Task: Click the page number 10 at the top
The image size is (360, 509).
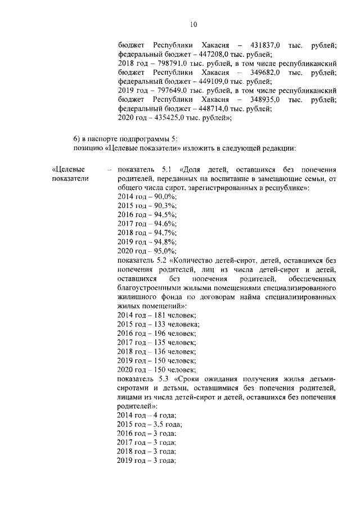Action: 193,24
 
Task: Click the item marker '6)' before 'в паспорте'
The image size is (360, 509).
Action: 77,139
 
